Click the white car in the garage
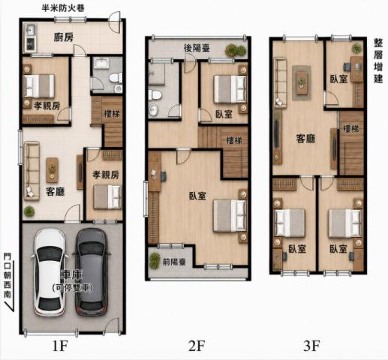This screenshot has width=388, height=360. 50,272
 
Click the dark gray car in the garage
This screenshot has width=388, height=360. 92,272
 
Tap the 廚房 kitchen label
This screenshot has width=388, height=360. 64,37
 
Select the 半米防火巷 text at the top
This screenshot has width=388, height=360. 63,8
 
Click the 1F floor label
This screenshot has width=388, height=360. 60,346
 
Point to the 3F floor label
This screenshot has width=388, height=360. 311,346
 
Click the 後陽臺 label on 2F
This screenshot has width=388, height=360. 197,48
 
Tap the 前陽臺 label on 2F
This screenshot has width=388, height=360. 174,262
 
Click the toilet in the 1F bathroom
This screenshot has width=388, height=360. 116,78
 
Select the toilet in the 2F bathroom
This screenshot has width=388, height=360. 155,95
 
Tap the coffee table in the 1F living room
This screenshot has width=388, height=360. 52,169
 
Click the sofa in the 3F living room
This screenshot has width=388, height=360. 280,82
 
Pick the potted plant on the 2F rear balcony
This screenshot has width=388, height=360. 235,50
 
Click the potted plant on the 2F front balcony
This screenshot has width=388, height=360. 155,261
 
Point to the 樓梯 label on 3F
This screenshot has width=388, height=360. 351,129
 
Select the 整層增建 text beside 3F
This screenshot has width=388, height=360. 378,61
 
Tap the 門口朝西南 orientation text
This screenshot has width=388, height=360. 8,276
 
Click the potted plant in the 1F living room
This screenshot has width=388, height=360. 29,211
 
